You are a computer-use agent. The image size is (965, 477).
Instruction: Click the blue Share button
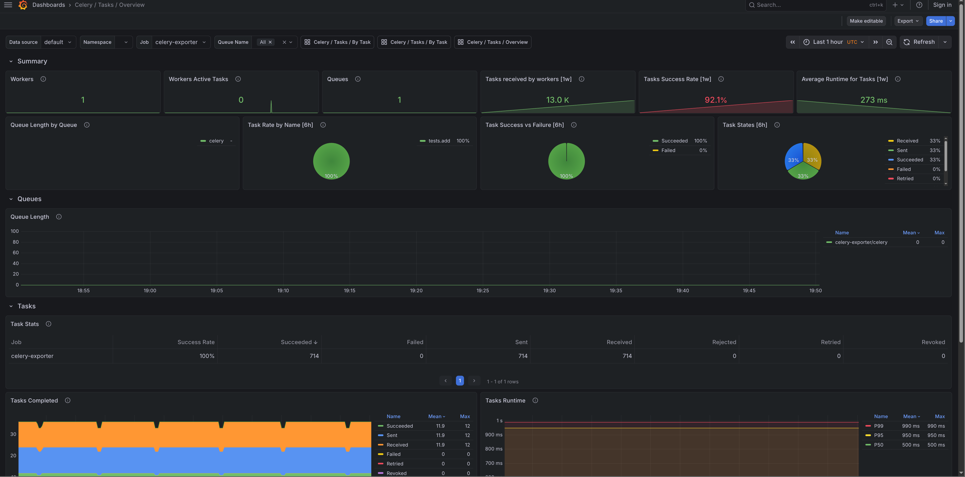[x=935, y=21]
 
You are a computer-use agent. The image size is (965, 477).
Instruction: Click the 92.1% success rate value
[x=716, y=100]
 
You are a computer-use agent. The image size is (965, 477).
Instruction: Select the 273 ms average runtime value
[x=873, y=100]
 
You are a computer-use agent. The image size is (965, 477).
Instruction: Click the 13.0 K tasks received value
[x=557, y=100]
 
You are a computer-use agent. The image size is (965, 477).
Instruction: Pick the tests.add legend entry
[x=439, y=141]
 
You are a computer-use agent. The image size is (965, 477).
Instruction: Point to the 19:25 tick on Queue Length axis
[x=482, y=290]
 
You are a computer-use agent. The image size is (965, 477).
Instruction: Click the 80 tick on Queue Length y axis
[x=16, y=242]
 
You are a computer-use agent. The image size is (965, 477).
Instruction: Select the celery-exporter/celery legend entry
[x=861, y=242]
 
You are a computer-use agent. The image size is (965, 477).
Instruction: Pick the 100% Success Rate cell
[x=207, y=356]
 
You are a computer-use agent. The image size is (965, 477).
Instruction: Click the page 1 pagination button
[x=460, y=381]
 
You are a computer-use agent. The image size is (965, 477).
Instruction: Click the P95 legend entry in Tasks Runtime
[x=878, y=435]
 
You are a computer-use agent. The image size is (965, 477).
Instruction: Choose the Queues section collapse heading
[x=29, y=199]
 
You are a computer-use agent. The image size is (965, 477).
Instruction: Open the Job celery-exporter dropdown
[x=180, y=42]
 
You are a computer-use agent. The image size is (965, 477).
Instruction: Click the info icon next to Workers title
[x=43, y=79]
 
